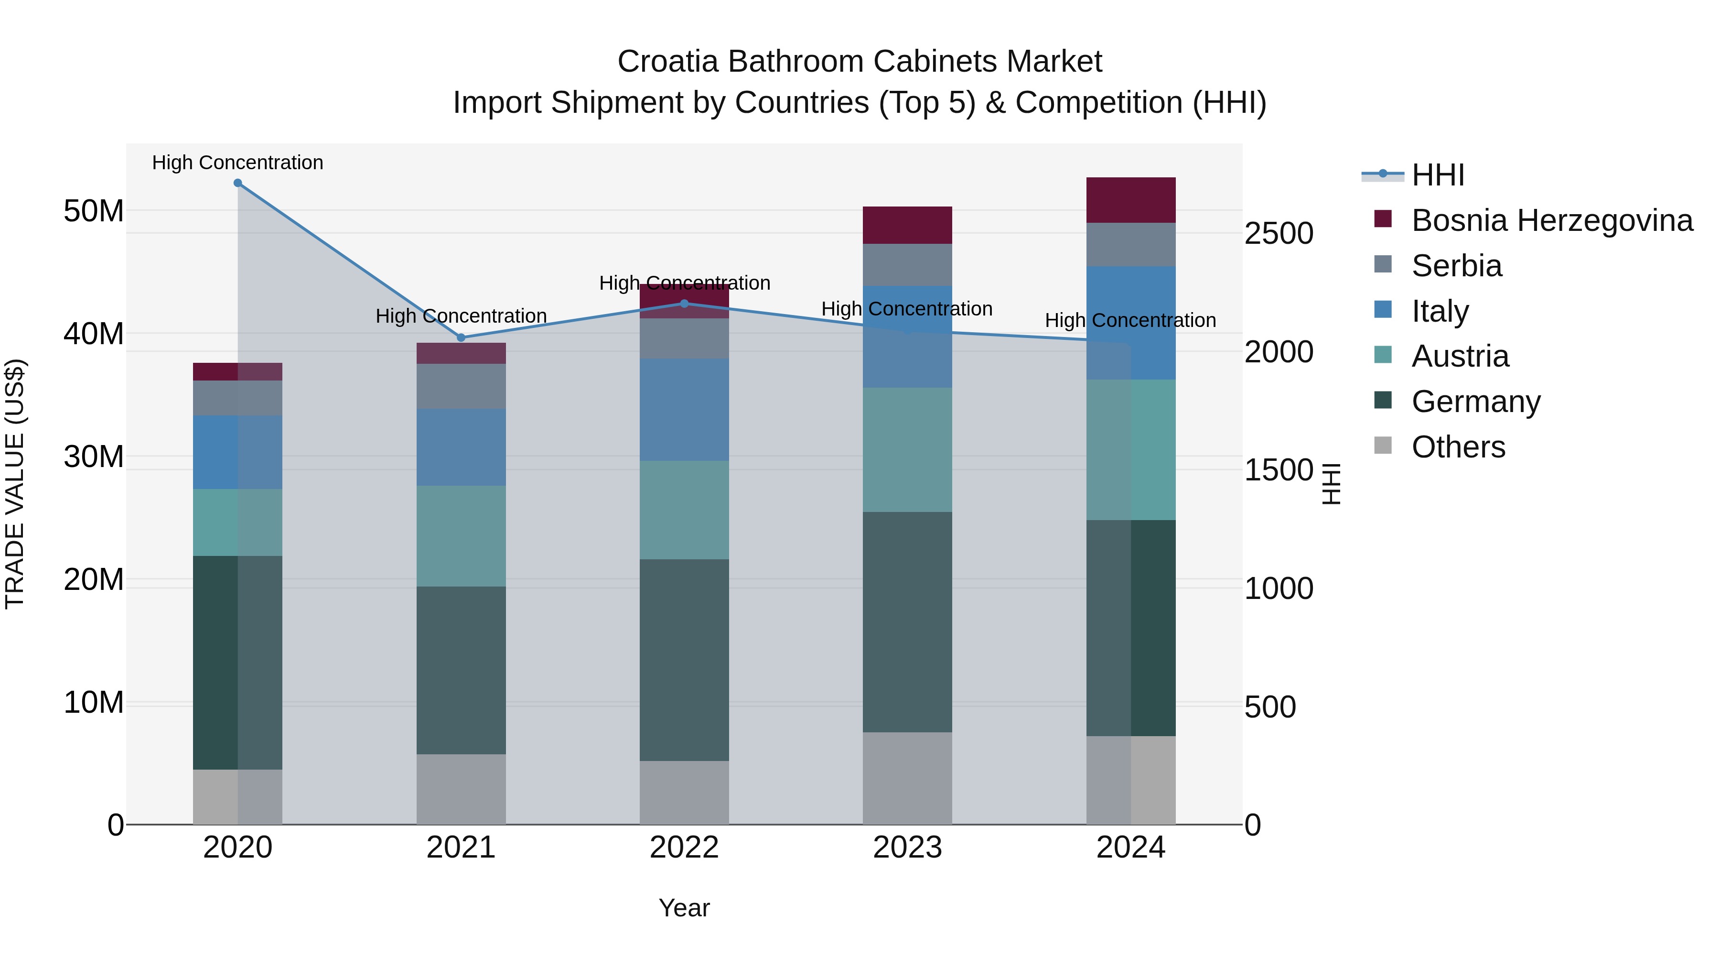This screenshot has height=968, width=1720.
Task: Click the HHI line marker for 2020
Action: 238,183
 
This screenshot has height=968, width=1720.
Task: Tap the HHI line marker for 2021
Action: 461,337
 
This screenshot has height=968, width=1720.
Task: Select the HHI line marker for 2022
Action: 684,303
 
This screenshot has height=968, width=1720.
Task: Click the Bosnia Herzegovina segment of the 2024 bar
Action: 1130,200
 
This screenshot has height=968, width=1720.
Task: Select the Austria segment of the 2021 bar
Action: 461,536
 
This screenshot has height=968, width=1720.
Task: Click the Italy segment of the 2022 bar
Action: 684,410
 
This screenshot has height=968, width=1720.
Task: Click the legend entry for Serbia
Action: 1456,266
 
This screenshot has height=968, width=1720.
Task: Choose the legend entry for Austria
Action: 1460,356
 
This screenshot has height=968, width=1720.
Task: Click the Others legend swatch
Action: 1383,446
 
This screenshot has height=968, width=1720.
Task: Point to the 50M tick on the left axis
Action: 94,211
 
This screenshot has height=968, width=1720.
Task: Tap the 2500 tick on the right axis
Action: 1279,234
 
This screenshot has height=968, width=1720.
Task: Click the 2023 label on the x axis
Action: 907,848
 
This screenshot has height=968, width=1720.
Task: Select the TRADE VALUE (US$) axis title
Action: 15,484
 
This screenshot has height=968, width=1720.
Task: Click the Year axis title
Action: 684,908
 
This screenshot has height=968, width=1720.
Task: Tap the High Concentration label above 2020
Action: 238,163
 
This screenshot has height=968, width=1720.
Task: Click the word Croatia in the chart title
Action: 668,62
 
